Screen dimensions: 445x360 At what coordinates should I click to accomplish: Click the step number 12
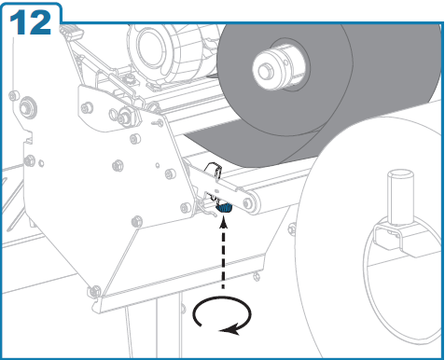(30, 22)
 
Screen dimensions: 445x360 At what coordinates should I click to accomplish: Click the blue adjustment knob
(224, 207)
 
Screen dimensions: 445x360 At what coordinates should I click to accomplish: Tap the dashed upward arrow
(223, 253)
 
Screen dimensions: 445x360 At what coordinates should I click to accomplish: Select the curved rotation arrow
(222, 314)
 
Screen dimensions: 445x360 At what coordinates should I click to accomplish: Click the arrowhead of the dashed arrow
(223, 222)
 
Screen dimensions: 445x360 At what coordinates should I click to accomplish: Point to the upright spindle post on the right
(400, 197)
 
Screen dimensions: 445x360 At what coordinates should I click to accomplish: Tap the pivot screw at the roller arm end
(248, 203)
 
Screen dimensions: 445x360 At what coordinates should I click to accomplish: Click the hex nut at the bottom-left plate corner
(94, 291)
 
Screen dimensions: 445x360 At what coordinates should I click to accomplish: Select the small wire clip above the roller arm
(214, 171)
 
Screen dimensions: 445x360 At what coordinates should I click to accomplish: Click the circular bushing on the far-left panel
(28, 108)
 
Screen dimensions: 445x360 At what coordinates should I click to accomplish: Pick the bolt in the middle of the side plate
(118, 165)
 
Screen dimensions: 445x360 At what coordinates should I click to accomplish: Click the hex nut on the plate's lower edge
(136, 222)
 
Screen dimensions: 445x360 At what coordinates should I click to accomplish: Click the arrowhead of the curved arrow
(230, 329)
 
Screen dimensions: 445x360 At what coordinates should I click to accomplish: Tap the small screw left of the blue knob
(186, 208)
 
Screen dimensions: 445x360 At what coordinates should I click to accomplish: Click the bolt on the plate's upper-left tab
(87, 108)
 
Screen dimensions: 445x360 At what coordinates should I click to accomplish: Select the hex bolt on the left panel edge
(30, 160)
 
